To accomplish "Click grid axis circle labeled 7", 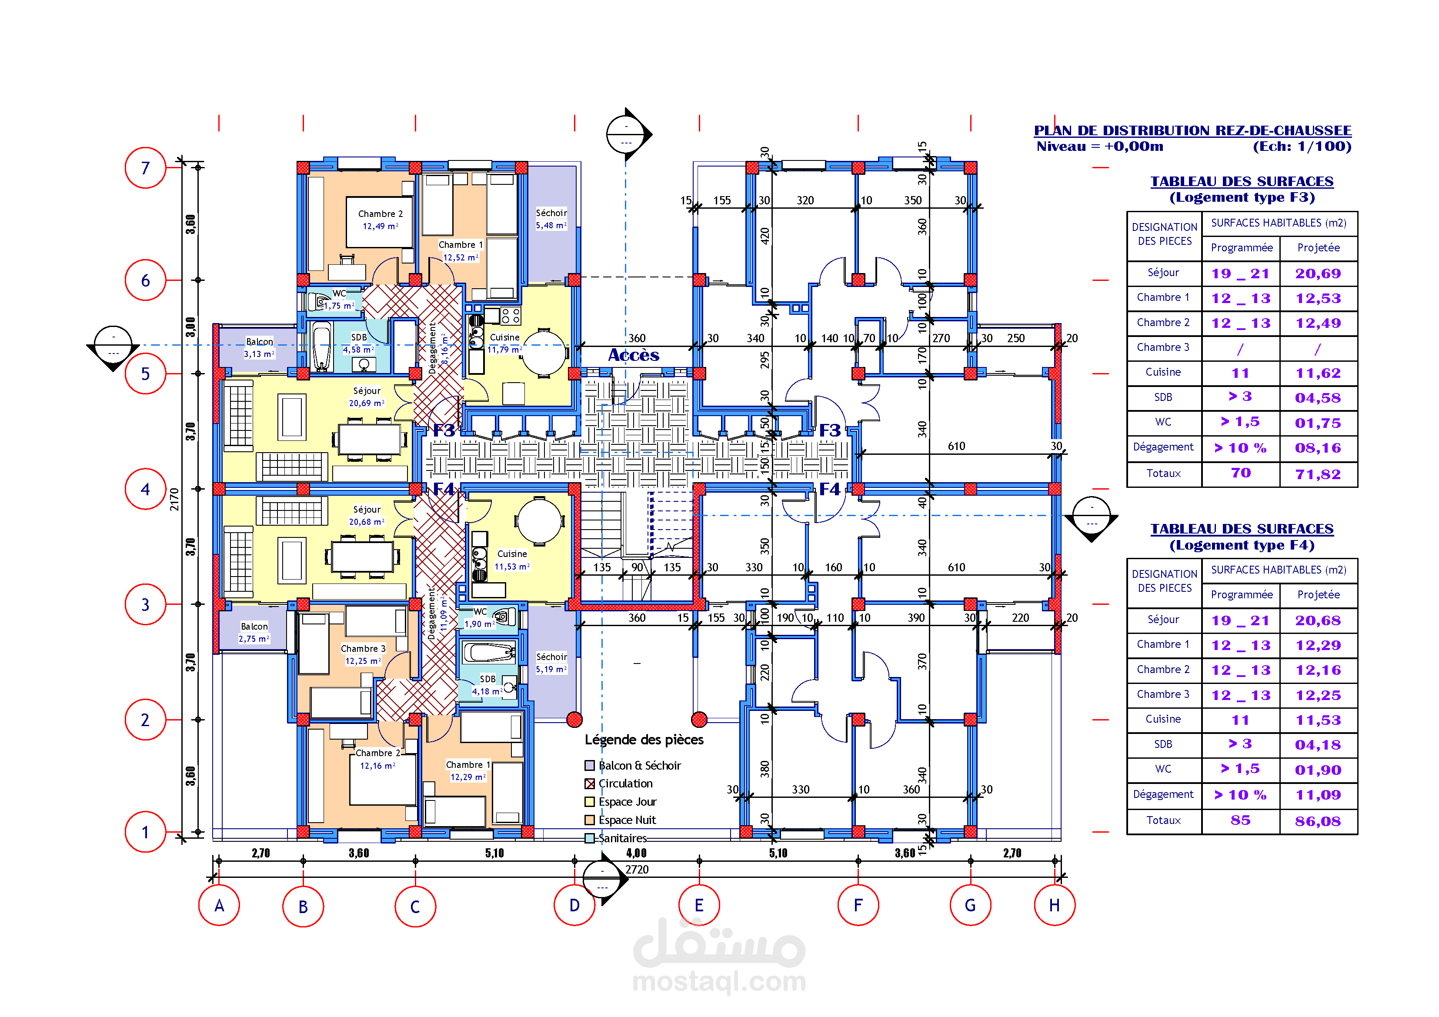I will click(145, 168).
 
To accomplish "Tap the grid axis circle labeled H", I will click(1054, 905).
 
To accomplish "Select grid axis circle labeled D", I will click(574, 905).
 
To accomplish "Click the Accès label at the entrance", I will click(634, 355).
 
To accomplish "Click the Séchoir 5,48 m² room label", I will click(551, 219).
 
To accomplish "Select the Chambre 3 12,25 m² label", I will click(363, 655).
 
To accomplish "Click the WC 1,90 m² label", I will click(480, 618).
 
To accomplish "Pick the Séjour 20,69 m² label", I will click(367, 397).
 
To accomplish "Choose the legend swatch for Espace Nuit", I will click(589, 820).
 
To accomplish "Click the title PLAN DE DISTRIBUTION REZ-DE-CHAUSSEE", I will click(1192, 130).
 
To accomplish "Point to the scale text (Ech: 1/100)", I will click(1302, 147).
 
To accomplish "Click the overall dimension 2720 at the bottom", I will click(637, 869).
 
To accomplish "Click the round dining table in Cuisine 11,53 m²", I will click(539, 521).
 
